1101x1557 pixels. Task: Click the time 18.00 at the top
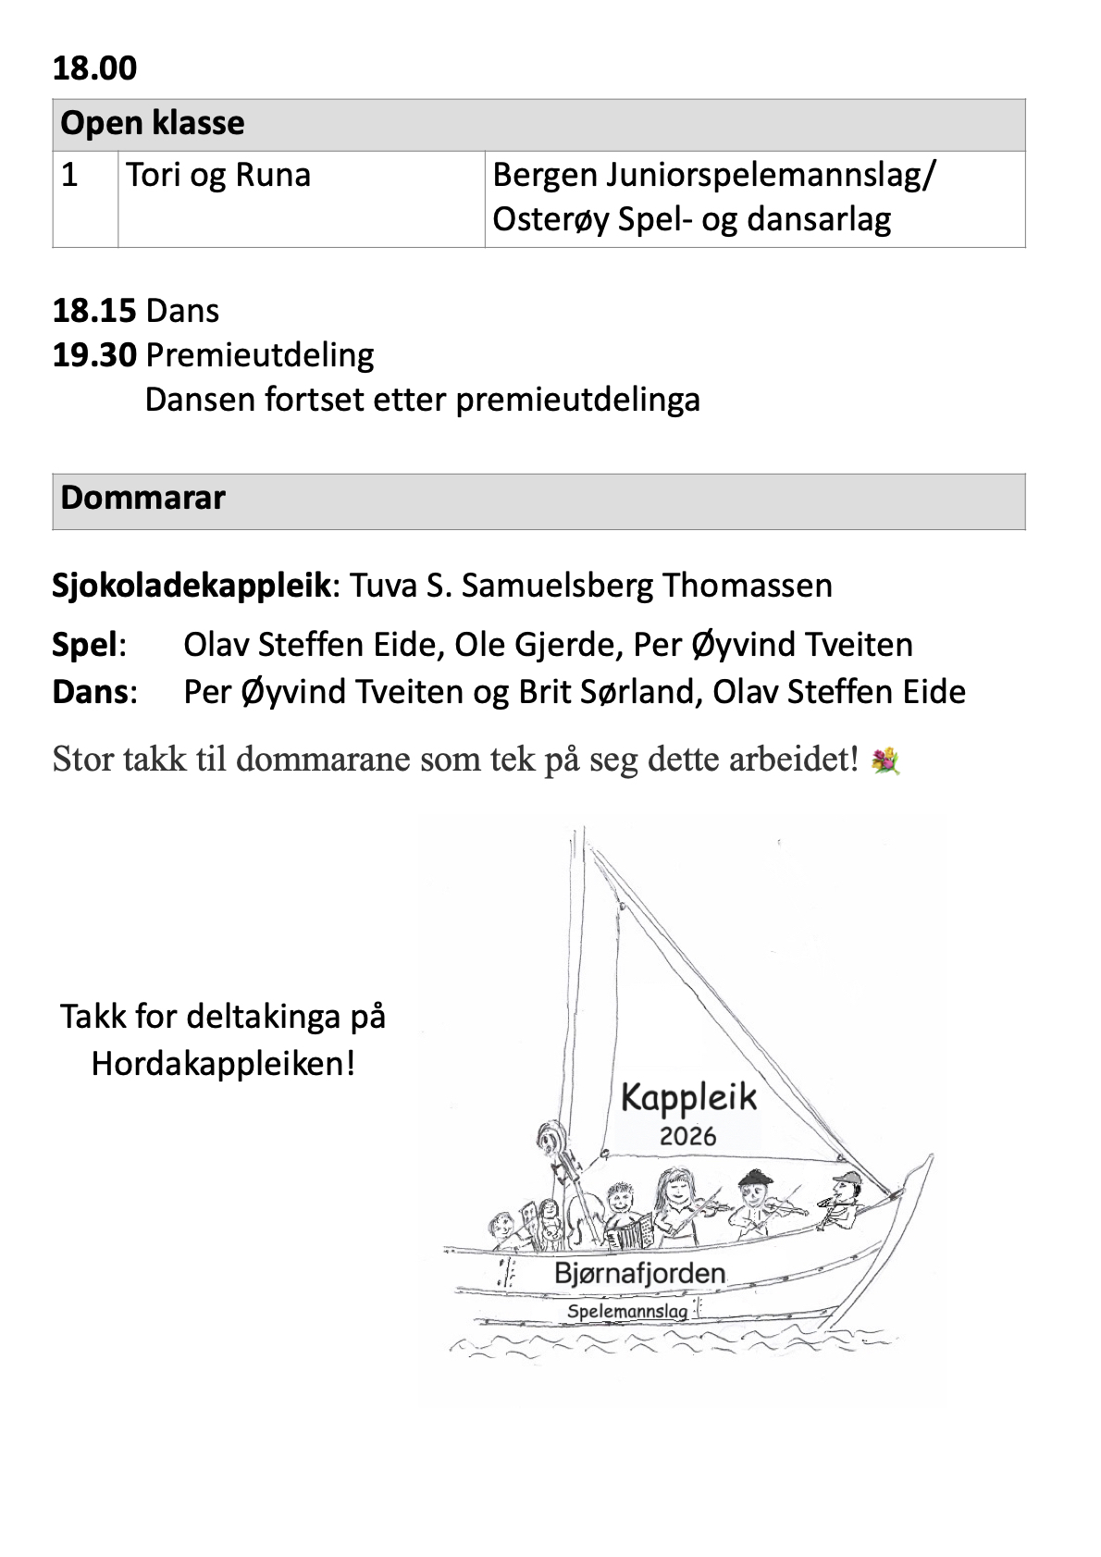point(94,68)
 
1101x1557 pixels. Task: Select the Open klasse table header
point(153,124)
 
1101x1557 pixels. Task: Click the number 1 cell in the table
point(69,175)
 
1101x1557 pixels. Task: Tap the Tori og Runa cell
point(218,175)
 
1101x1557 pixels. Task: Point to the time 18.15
point(94,311)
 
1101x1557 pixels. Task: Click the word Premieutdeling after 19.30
point(260,355)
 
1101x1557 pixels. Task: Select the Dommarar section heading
point(142,499)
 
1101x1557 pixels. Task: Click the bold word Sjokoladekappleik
point(192,586)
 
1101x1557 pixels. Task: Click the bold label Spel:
point(89,645)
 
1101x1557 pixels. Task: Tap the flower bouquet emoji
point(885,761)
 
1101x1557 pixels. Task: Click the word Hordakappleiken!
point(223,1064)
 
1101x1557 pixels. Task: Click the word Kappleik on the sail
point(688,1098)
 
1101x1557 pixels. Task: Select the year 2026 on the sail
point(687,1135)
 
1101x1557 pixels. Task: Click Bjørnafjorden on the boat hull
point(639,1273)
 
